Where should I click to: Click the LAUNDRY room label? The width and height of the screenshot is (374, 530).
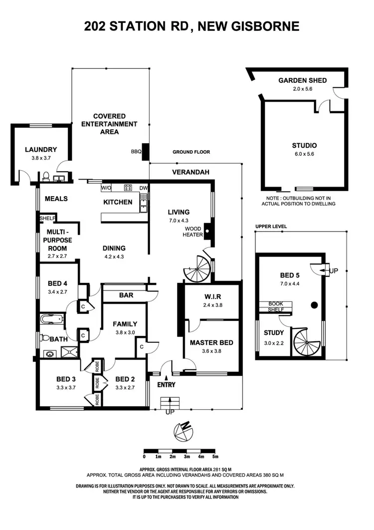pos(41,149)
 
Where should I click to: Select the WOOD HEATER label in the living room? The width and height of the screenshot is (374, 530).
pos(192,232)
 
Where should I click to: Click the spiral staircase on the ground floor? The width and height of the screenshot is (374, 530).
pos(198,269)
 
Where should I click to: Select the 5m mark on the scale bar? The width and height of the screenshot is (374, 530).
pos(215,456)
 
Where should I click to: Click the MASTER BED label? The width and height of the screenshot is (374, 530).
pos(211,343)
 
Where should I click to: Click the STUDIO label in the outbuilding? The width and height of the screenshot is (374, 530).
pos(304,146)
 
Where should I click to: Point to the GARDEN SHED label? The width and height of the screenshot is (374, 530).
pos(302,80)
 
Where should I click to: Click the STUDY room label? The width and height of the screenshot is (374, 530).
pos(274,333)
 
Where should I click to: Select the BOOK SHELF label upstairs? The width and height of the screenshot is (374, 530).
pos(276,306)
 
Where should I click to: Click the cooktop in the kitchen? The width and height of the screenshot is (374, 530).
pos(128,188)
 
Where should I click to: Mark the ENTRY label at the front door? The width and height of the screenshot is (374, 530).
pos(167,385)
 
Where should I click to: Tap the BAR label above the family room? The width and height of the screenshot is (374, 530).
pos(126,295)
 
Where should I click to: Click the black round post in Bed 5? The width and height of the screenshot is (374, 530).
pos(315,305)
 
